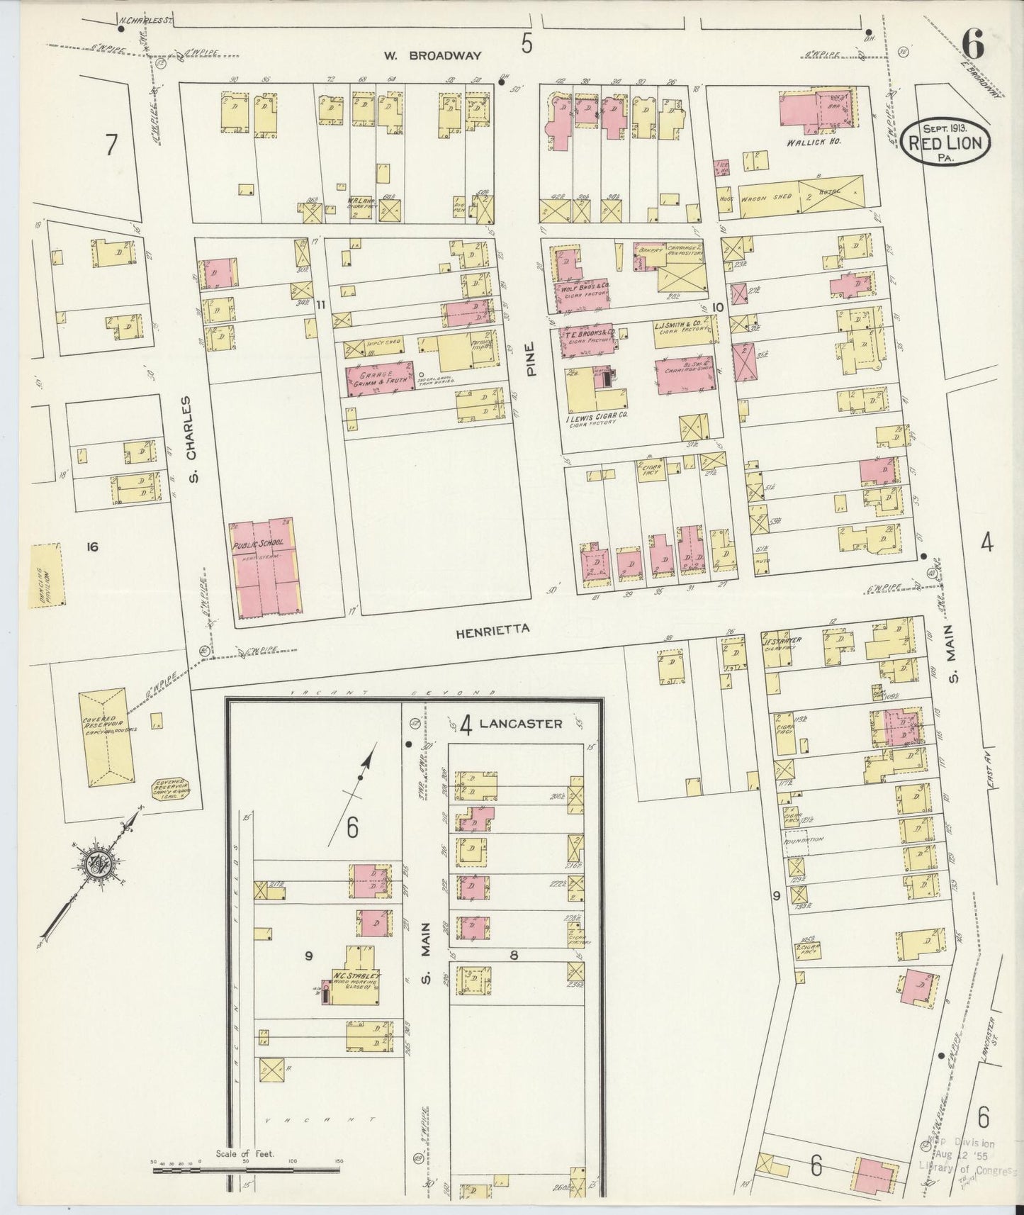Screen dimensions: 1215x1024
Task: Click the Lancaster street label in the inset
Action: pyautogui.click(x=520, y=724)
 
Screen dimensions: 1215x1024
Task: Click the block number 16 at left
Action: pyautogui.click(x=91, y=546)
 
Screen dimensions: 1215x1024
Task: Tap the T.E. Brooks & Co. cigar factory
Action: pyautogui.click(x=588, y=340)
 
